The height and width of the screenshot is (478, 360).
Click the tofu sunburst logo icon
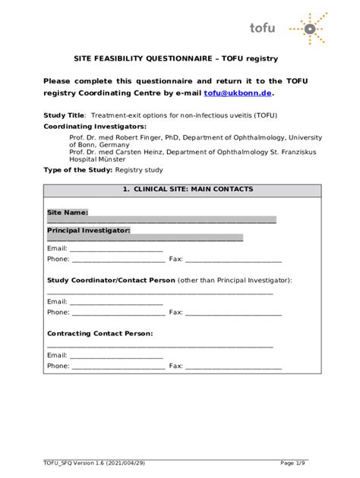point(309,30)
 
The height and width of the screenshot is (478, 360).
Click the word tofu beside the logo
point(263,28)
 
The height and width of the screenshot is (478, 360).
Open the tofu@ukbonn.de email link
point(237,93)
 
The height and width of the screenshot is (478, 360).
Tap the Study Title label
point(64,115)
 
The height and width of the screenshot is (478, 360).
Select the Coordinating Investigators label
point(95,126)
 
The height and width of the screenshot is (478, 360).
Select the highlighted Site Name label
point(68,212)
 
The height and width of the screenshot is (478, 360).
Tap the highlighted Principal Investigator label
point(88,230)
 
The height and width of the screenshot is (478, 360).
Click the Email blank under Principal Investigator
point(116,248)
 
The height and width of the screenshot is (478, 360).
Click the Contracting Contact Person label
point(100,333)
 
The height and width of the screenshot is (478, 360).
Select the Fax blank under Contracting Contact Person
point(233,366)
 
